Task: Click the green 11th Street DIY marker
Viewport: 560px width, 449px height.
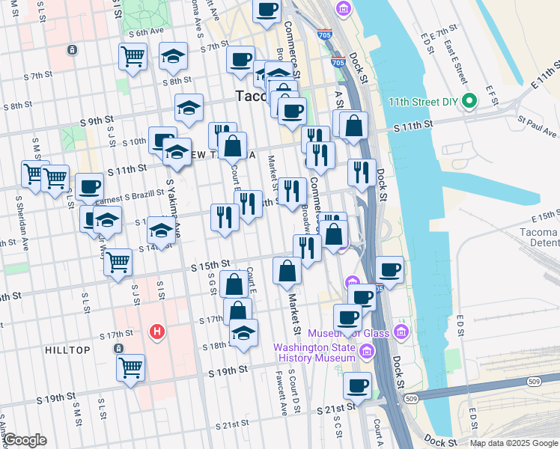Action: [469, 101]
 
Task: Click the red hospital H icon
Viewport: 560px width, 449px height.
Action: [156, 331]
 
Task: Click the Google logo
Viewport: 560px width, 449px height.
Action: [25, 440]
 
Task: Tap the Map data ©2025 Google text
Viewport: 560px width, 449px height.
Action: [513, 443]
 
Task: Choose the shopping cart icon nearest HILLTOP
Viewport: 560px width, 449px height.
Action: [131, 367]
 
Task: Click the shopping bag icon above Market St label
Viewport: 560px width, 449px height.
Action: [287, 271]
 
